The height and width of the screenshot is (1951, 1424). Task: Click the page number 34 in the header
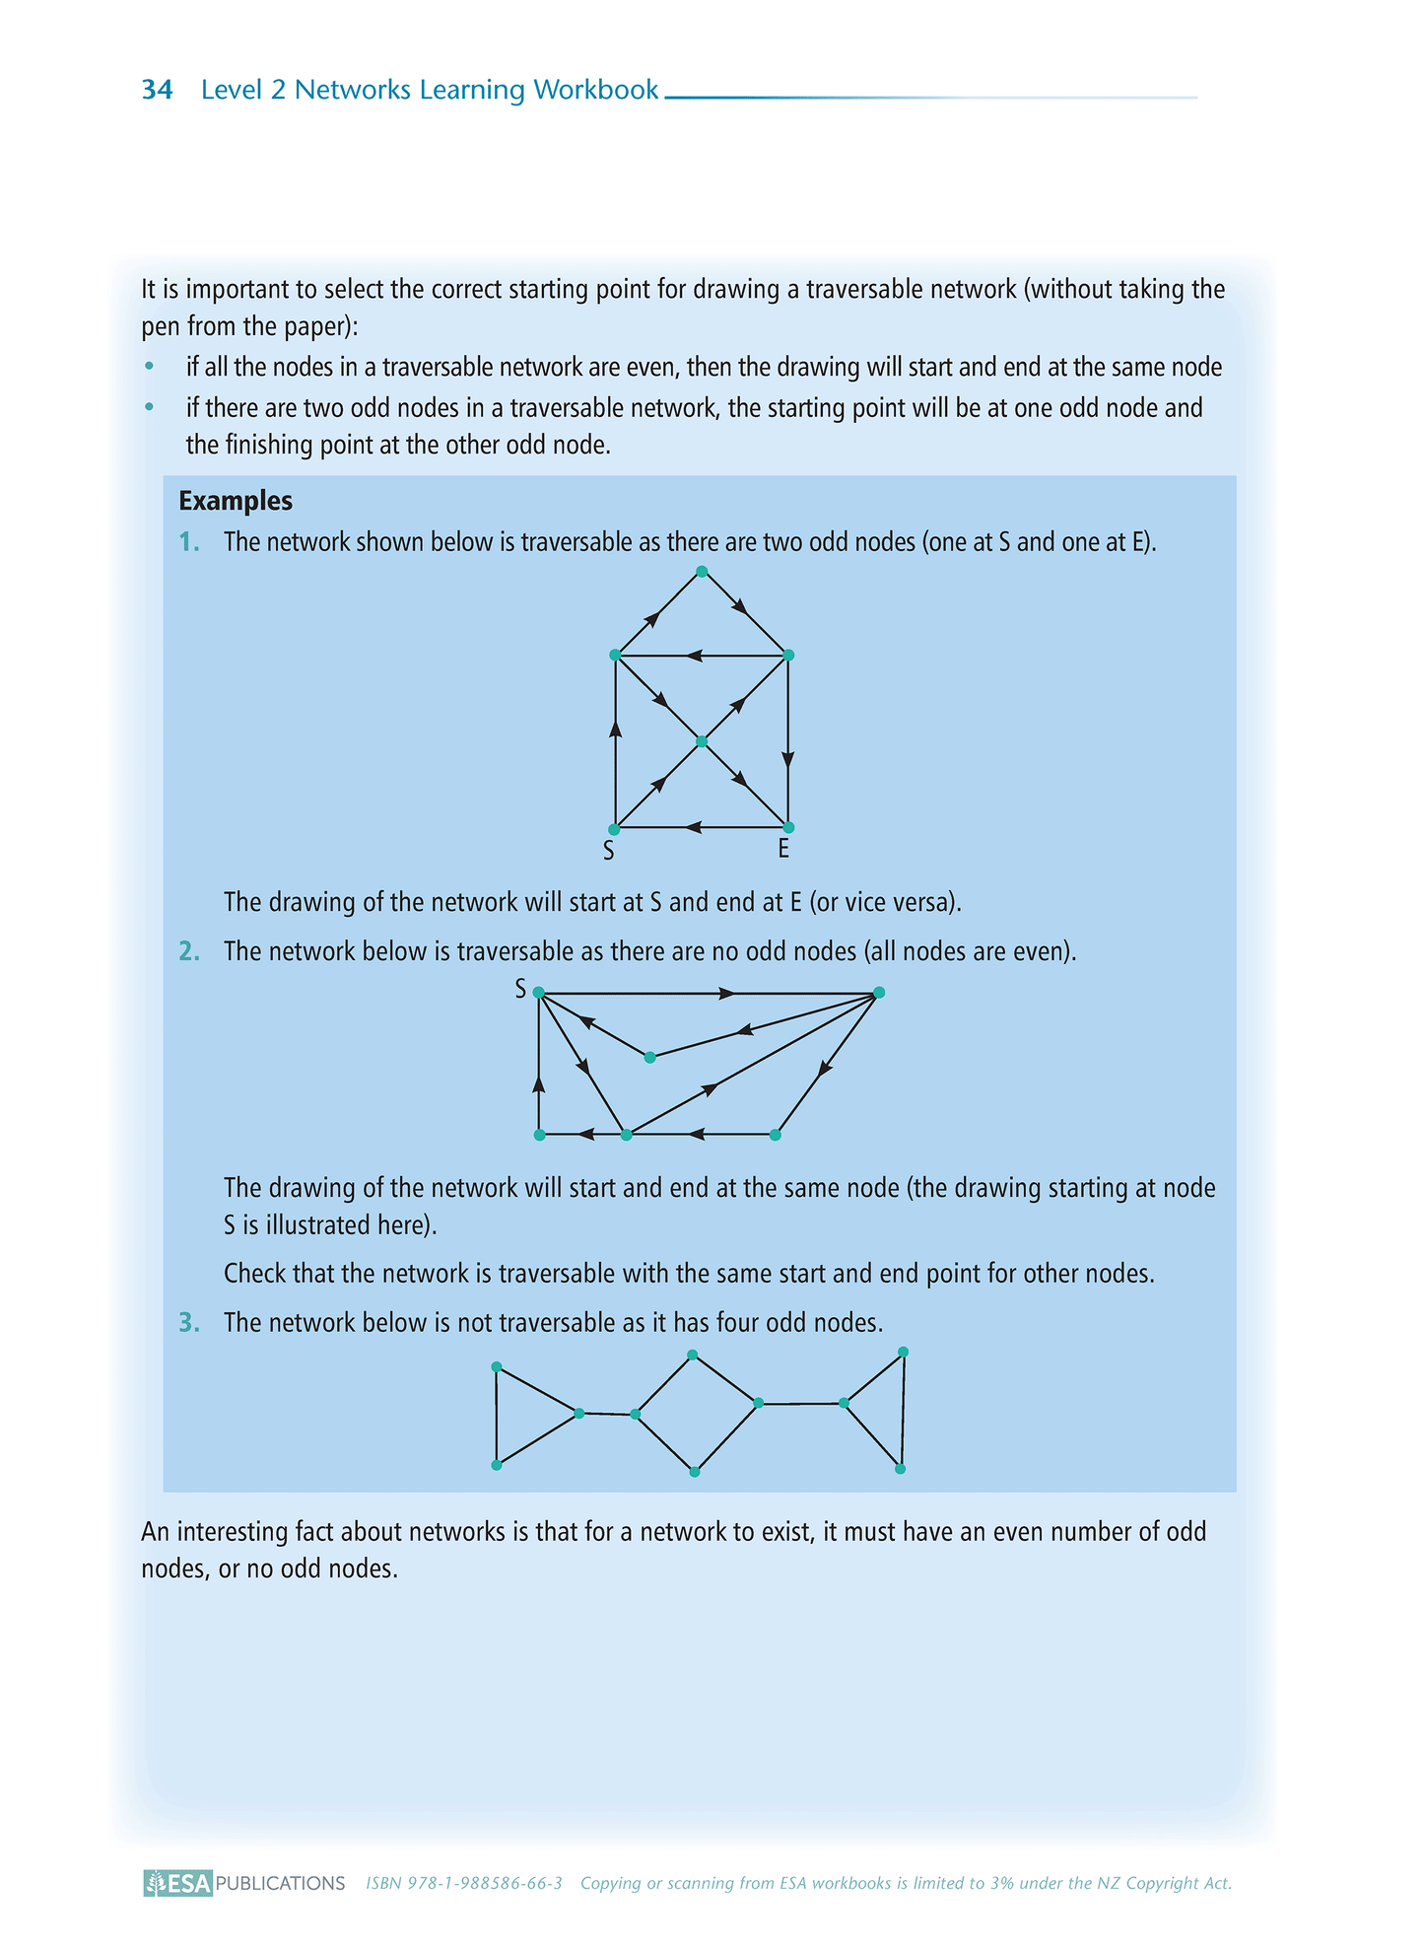click(158, 91)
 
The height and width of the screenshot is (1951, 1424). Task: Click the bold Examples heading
click(236, 501)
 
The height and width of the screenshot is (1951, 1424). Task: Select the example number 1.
click(189, 542)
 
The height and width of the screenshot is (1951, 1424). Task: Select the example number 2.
click(189, 951)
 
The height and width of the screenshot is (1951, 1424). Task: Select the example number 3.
click(189, 1323)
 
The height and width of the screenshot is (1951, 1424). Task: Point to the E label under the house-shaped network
click(783, 849)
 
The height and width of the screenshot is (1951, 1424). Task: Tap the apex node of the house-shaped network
click(702, 571)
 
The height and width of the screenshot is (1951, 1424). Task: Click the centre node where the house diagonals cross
click(701, 741)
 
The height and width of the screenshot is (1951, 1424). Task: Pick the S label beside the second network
click(520, 989)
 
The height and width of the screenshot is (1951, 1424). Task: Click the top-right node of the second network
click(879, 993)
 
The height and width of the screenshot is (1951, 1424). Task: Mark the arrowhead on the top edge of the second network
click(727, 994)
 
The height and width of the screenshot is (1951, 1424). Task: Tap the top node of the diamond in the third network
click(693, 1355)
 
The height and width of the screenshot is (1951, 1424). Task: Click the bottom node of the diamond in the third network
click(695, 1472)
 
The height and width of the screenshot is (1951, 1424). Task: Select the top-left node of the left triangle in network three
click(497, 1366)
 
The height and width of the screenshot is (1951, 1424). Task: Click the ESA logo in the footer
click(178, 1883)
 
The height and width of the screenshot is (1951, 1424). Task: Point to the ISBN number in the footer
click(464, 1883)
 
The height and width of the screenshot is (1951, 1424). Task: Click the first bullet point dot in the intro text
click(150, 367)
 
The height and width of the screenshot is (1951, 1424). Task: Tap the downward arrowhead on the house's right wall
click(787, 759)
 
